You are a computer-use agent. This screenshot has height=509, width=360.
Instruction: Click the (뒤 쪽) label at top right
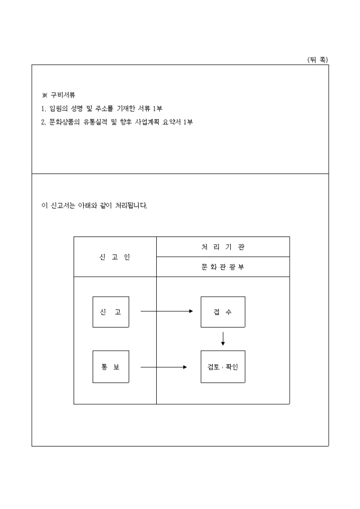[x=317, y=60]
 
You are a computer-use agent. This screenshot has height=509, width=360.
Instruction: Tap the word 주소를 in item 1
[x=110, y=108]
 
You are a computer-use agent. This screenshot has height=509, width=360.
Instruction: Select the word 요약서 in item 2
[x=176, y=122]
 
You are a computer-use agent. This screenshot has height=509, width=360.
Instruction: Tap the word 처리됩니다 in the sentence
[x=131, y=205]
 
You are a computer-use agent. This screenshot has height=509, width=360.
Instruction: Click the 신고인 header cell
[x=115, y=257]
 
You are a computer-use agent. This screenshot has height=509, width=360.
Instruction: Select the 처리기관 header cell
[x=223, y=247]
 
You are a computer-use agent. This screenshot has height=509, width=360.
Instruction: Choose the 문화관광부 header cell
[x=223, y=267]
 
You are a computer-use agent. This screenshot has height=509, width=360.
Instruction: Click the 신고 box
[x=110, y=312]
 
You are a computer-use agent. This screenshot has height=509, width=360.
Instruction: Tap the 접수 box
[x=223, y=312]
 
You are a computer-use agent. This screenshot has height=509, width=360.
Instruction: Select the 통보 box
[x=110, y=367]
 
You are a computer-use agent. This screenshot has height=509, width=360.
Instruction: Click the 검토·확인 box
[x=223, y=367]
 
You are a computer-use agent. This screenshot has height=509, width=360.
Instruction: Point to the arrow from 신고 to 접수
[x=167, y=311]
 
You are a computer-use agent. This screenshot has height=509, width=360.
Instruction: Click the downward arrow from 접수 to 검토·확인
[x=223, y=339]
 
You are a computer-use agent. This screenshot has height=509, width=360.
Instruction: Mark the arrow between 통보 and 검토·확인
[x=164, y=367]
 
